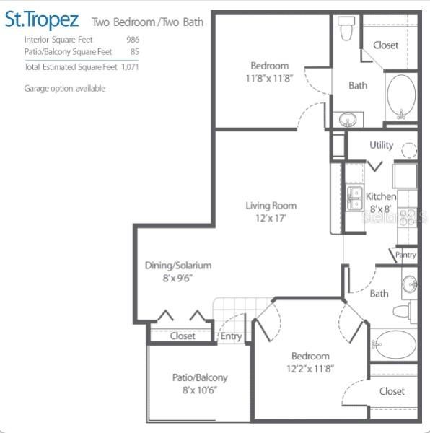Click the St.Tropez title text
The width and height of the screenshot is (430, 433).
[41, 19]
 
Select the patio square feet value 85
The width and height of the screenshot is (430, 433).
[135, 52]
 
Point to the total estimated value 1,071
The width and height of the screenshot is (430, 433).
[130, 67]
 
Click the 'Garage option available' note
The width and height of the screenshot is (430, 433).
[65, 88]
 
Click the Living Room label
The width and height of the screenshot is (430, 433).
[271, 206]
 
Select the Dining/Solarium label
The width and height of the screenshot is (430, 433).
[178, 265]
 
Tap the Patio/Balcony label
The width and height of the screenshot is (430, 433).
[200, 377]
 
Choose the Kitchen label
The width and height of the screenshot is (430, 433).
[380, 196]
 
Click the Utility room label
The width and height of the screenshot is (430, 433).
[382, 145]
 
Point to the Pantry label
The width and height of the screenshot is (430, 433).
[405, 255]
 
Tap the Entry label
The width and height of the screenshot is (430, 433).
[232, 336]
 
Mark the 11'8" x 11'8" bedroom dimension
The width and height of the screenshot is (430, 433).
[269, 78]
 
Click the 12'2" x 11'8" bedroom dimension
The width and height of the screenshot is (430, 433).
[311, 368]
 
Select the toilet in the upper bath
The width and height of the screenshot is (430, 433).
[346, 28]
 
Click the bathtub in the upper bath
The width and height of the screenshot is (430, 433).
[401, 97]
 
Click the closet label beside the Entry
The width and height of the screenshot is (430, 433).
[183, 336]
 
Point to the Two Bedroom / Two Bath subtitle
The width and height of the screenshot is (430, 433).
[148, 22]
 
